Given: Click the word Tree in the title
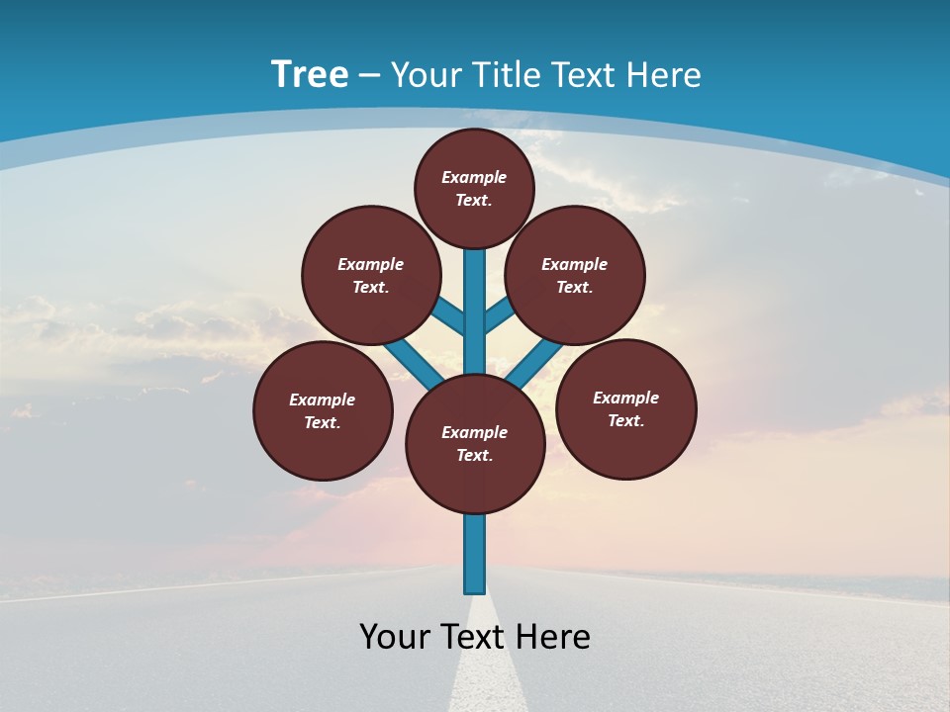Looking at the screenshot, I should pos(310,74).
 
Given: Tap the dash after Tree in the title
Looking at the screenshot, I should pos(370,75).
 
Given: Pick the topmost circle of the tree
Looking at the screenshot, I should pos(474,188).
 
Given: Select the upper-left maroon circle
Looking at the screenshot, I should pos(371,275).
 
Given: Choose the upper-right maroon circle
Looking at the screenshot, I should pos(575,275).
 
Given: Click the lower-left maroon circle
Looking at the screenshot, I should pos(323,410).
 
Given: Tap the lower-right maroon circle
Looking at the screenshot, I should pos(625,408).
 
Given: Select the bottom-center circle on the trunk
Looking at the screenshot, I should pos(475,443).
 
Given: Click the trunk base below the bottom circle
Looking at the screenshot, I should pos(475,554).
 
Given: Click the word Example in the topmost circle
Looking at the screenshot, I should pos(474,177).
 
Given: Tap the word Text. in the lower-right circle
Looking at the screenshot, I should pos(625,420).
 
